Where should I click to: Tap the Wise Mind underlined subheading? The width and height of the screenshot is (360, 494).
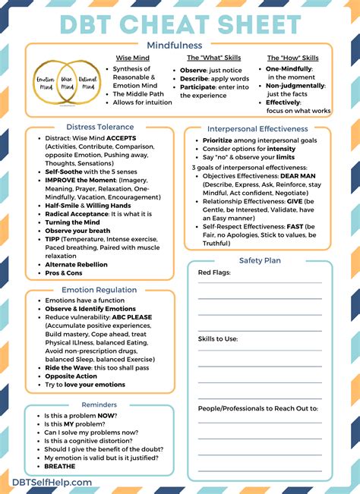(x=131, y=58)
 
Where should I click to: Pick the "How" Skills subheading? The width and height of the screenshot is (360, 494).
(x=293, y=58)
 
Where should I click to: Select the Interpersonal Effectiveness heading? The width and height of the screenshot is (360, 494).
(x=257, y=129)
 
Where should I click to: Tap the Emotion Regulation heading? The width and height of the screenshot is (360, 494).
(x=99, y=289)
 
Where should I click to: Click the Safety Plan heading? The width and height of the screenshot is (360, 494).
(x=260, y=260)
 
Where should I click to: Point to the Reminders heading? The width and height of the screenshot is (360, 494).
(x=99, y=404)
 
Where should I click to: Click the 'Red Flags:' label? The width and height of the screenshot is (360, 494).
(x=215, y=272)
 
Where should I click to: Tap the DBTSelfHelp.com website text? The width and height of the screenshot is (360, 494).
(x=52, y=481)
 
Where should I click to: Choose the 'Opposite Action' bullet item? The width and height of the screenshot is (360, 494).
(x=71, y=376)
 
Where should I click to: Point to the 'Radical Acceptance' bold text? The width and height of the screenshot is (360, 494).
(x=77, y=214)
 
